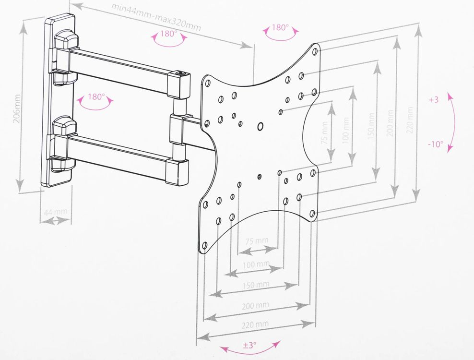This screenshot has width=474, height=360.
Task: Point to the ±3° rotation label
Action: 249,345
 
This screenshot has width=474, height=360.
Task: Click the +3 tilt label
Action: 434,100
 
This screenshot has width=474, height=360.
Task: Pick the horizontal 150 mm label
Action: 256,285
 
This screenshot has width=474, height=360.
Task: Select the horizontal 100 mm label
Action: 256,264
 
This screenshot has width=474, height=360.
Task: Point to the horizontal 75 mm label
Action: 256,240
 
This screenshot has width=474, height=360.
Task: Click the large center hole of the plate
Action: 261,127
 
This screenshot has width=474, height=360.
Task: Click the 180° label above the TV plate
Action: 280,27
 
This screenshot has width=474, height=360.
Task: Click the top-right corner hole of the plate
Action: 314,50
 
